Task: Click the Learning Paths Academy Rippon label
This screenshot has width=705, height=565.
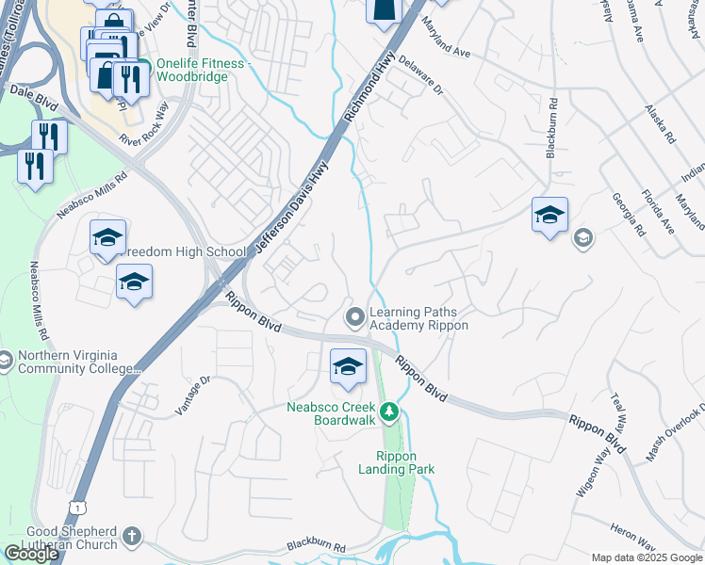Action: [418, 318]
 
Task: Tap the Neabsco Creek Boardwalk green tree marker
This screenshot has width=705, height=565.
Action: [388, 412]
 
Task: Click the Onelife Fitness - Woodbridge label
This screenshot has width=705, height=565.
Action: [205, 70]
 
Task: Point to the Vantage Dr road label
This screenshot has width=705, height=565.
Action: [196, 395]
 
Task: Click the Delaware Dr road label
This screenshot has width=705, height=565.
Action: [419, 75]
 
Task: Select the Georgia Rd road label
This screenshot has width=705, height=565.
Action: [628, 216]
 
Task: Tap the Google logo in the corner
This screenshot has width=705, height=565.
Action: [31, 554]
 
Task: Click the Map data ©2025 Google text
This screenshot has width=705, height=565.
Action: [647, 557]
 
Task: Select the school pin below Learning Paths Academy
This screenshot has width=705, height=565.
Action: [348, 366]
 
